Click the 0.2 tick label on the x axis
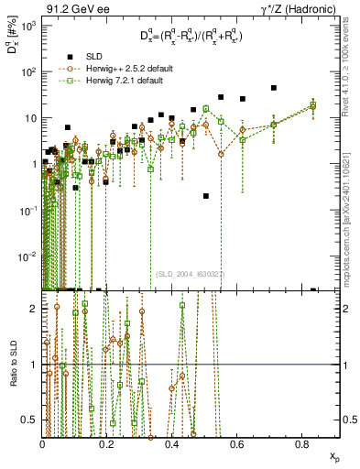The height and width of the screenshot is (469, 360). [x=107, y=443]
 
